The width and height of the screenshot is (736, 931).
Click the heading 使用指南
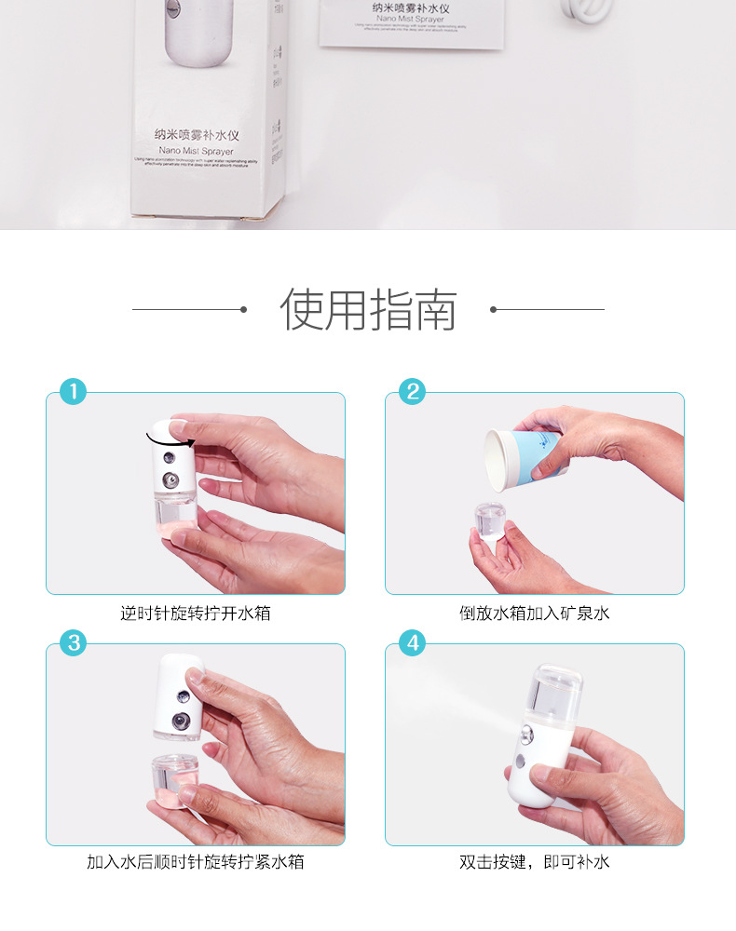368,310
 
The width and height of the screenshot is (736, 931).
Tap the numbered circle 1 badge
73,391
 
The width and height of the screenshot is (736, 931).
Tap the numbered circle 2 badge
412,391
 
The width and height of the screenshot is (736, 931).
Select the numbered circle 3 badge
73,642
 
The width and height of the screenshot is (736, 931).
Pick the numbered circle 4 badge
412,642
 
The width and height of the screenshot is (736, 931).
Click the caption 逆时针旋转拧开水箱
196,614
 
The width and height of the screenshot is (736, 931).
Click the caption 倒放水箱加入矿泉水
535,614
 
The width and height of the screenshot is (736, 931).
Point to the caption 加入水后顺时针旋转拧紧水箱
196,862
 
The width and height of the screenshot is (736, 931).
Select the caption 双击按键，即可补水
535,862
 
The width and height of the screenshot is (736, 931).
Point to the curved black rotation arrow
169,434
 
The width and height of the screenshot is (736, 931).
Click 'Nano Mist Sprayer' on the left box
197,150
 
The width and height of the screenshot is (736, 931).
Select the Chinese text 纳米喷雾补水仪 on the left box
197,135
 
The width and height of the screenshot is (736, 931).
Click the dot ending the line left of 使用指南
243,309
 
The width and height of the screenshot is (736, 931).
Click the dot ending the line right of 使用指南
493,309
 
